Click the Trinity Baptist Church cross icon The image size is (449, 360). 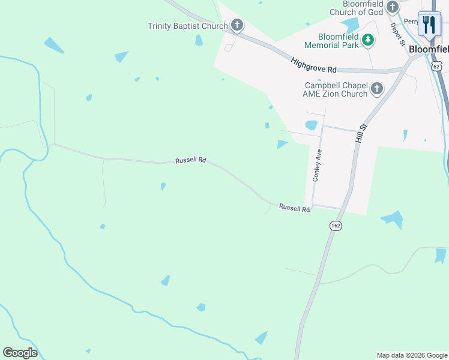[237, 26]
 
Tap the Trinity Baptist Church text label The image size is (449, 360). [188, 26]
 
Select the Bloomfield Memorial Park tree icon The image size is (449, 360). [368, 40]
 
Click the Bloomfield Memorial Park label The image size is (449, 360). [331, 40]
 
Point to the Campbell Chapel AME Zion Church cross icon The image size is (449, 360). [376, 89]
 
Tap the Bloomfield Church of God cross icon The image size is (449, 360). [393, 7]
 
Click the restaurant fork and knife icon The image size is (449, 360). [429, 25]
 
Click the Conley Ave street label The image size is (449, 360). [316, 165]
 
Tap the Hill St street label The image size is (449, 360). [360, 130]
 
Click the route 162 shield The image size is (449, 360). [336, 225]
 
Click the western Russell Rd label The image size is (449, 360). [191, 161]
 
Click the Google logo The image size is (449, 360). [20, 353]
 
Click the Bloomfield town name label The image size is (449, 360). [429, 50]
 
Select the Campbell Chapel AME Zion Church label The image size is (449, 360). [336, 89]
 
